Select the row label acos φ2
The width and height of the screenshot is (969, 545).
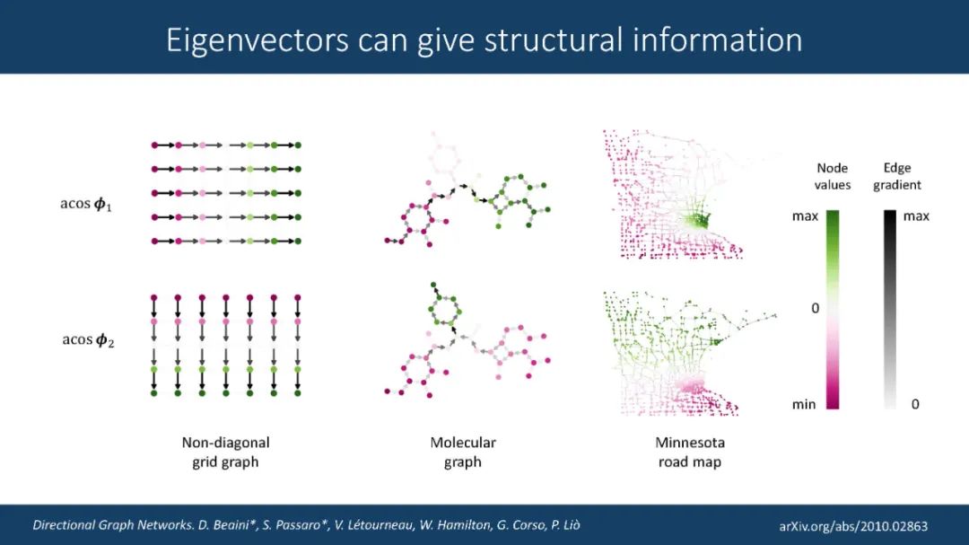click(x=87, y=340)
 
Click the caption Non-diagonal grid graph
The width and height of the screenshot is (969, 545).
click(x=225, y=452)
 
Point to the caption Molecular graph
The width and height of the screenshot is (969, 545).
click(x=462, y=452)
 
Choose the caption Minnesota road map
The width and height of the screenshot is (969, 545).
click(x=689, y=452)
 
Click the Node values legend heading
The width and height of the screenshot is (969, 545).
click(x=833, y=176)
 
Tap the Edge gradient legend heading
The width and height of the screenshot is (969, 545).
click(x=896, y=176)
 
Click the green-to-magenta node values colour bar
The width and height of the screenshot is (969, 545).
click(x=833, y=310)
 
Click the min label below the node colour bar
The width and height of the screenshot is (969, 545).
click(x=804, y=404)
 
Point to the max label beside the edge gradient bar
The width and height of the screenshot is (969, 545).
click(x=916, y=216)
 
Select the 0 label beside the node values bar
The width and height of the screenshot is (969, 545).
click(x=815, y=308)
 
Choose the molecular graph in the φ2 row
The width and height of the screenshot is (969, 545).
click(x=462, y=341)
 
